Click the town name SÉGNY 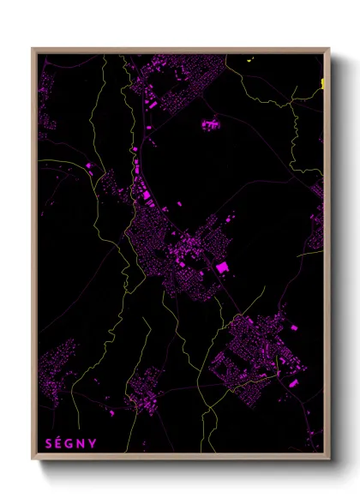pyautogui.click(x=70, y=444)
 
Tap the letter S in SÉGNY pyautogui.click(x=48, y=444)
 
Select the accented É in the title pyautogui.click(x=59, y=444)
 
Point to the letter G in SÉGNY pyautogui.click(x=70, y=444)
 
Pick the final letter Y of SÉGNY pyautogui.click(x=93, y=444)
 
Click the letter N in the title pyautogui.click(x=81, y=444)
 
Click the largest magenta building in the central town pyautogui.click(x=223, y=268)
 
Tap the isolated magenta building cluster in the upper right pyautogui.click(x=210, y=125)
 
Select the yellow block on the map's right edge pyautogui.click(x=323, y=83)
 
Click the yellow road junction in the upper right pyautogui.click(x=291, y=101)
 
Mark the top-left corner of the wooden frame pyautogui.click(x=33, y=49)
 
